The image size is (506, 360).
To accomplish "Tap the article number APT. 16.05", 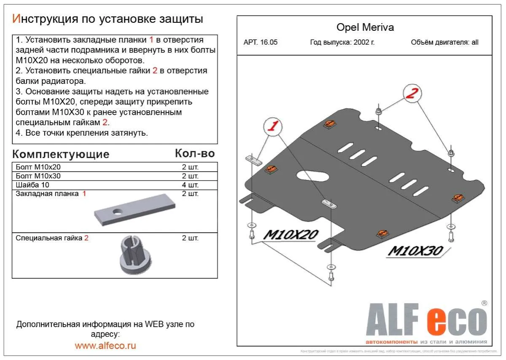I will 261,42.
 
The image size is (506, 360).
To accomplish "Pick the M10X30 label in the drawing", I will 415,251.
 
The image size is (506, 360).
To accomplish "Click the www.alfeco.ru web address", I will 105,346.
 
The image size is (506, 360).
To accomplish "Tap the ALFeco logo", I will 426,322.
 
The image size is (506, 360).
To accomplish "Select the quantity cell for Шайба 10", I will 190,185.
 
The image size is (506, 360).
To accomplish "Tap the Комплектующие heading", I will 61,154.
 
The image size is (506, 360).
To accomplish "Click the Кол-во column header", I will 194,153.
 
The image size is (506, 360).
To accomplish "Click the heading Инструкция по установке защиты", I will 108,19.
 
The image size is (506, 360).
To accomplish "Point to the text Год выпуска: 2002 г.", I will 342,42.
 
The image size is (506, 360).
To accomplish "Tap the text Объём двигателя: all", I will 444,42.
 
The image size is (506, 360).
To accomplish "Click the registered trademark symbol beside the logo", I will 484,303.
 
